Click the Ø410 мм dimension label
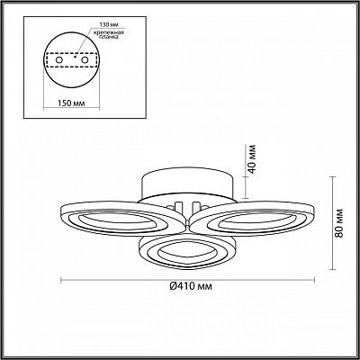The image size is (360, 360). coord(191,286)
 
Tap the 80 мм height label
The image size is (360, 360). coord(339,222)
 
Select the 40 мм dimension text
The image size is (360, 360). coord(252,158)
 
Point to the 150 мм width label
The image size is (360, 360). coord(71,103)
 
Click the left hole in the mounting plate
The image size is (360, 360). coord(59,60)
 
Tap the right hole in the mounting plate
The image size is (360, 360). coord(85,60)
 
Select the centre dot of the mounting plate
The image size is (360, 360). coord(75,56)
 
